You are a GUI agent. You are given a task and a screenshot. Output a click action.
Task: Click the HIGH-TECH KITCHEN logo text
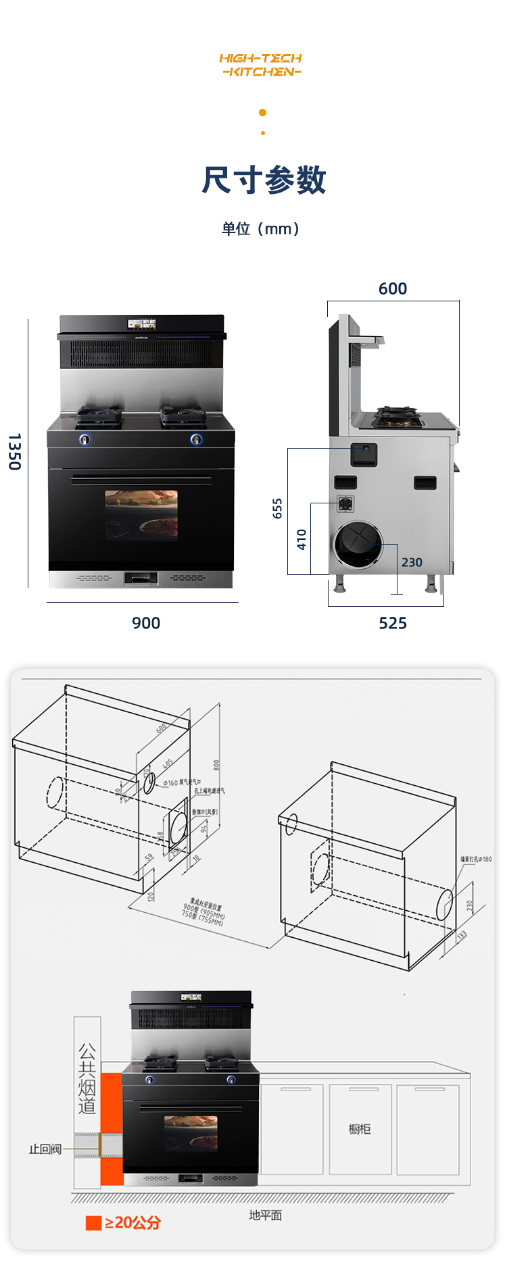(x=260, y=65)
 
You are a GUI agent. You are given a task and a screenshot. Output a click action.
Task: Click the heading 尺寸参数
(x=264, y=180)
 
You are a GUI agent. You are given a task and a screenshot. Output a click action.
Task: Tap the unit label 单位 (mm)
(x=261, y=229)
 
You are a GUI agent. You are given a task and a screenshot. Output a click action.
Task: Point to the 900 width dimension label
(x=146, y=623)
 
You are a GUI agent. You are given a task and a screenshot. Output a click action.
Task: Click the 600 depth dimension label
(x=393, y=289)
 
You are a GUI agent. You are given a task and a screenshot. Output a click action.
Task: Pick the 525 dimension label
(x=393, y=623)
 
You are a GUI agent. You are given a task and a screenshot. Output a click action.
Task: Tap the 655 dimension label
(x=277, y=509)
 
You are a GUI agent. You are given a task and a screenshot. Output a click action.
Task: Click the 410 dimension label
(x=301, y=539)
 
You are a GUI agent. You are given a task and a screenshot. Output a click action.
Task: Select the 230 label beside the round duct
(x=412, y=562)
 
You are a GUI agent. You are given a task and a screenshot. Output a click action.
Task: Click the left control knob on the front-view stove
(x=85, y=440)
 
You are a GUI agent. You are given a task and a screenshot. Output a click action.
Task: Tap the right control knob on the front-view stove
(x=196, y=440)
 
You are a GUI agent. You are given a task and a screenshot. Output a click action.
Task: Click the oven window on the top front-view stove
(x=141, y=515)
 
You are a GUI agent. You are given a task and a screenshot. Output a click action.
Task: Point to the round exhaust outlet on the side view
(x=358, y=545)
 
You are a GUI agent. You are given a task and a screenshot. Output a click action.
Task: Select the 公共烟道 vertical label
(x=87, y=1078)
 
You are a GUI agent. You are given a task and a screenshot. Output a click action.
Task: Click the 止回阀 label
(x=45, y=1149)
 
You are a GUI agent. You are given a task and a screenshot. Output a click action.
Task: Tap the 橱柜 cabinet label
(x=360, y=1128)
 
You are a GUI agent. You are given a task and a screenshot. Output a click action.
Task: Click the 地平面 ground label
(x=265, y=1215)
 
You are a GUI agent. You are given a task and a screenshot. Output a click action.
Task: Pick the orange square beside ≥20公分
(x=93, y=1223)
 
